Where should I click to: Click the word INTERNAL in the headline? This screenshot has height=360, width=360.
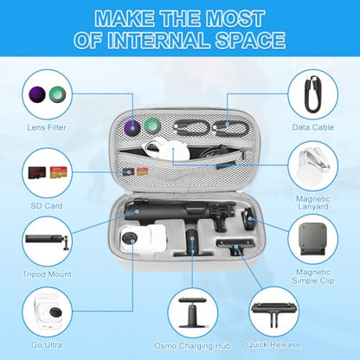tap(158, 40)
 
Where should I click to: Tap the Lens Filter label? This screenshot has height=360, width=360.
tap(47, 127)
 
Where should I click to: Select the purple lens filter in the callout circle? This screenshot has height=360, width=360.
tap(37, 94)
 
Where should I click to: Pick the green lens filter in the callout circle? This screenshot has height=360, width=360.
tap(57, 94)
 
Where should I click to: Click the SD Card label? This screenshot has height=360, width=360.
tap(47, 206)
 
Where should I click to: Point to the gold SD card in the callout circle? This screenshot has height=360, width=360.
tap(57, 172)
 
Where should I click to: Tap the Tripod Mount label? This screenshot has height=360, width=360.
tap(47, 273)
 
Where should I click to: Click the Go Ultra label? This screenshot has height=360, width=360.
tap(47, 344)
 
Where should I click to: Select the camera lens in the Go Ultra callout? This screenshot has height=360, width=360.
tap(55, 312)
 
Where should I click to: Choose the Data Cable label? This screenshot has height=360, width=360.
tap(313, 127)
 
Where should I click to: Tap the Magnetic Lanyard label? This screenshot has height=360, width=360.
tap(313, 202)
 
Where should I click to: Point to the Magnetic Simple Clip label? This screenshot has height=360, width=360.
tap(313, 276)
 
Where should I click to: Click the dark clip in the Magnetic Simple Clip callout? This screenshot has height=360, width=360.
tap(312, 239)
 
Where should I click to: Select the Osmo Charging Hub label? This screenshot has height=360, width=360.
tap(192, 345)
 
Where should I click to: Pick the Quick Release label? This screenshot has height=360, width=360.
tap(273, 344)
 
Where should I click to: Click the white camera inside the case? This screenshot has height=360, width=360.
tap(144, 238)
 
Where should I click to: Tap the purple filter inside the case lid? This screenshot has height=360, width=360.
tap(132, 127)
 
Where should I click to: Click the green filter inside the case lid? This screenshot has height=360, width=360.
tap(152, 125)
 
